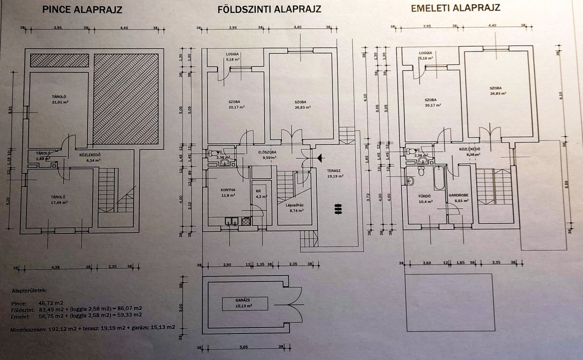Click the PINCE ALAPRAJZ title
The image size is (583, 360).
82,9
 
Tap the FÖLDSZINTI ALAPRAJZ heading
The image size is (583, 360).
269,9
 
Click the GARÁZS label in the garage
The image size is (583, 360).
244,299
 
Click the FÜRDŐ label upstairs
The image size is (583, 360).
424,195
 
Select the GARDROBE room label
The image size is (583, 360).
457,195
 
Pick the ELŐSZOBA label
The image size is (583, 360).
267,151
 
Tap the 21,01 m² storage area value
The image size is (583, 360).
59,101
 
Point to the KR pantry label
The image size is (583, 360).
258,191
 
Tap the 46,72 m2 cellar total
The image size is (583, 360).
52,303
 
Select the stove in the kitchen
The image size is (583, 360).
245,220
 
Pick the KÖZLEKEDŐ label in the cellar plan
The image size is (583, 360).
89,154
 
